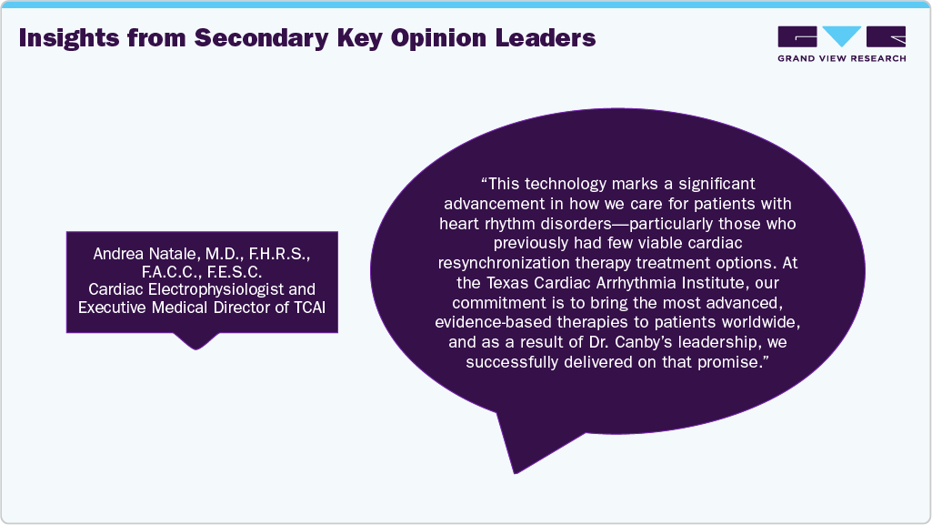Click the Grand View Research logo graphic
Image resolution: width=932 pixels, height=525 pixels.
(841, 36)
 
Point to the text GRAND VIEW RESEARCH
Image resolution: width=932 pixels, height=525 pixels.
(841, 58)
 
